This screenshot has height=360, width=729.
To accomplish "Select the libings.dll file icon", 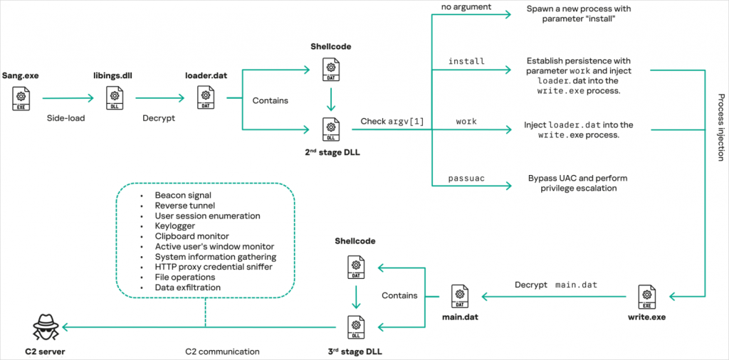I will click(x=113, y=98).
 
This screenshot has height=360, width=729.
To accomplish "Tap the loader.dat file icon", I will click(x=205, y=98).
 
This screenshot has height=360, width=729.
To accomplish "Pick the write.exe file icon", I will click(x=646, y=296).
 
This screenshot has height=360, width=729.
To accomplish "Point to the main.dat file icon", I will click(x=460, y=296).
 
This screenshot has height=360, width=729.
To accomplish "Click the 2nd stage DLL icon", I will click(x=330, y=129).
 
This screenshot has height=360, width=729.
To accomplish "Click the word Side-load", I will click(x=65, y=118).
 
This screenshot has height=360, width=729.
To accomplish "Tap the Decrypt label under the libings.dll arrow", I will click(x=159, y=118).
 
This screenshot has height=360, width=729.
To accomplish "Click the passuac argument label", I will click(x=466, y=178).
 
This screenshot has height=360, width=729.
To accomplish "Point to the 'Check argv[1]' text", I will click(x=392, y=122).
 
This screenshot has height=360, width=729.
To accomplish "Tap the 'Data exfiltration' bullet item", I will click(x=187, y=287).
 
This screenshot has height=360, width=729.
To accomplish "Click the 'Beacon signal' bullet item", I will click(x=183, y=195).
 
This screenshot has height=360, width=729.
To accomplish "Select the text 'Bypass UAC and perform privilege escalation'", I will click(x=577, y=183).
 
